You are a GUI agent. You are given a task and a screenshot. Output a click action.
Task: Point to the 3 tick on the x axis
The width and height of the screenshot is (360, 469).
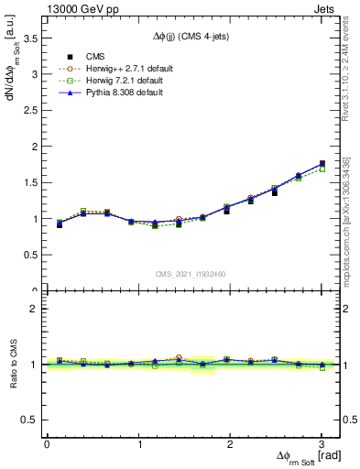(x=322, y=444)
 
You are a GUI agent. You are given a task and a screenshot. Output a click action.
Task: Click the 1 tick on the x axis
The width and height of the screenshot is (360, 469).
(x=138, y=444)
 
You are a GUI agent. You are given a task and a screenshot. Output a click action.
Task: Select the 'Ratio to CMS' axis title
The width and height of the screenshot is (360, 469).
(x=15, y=365)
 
